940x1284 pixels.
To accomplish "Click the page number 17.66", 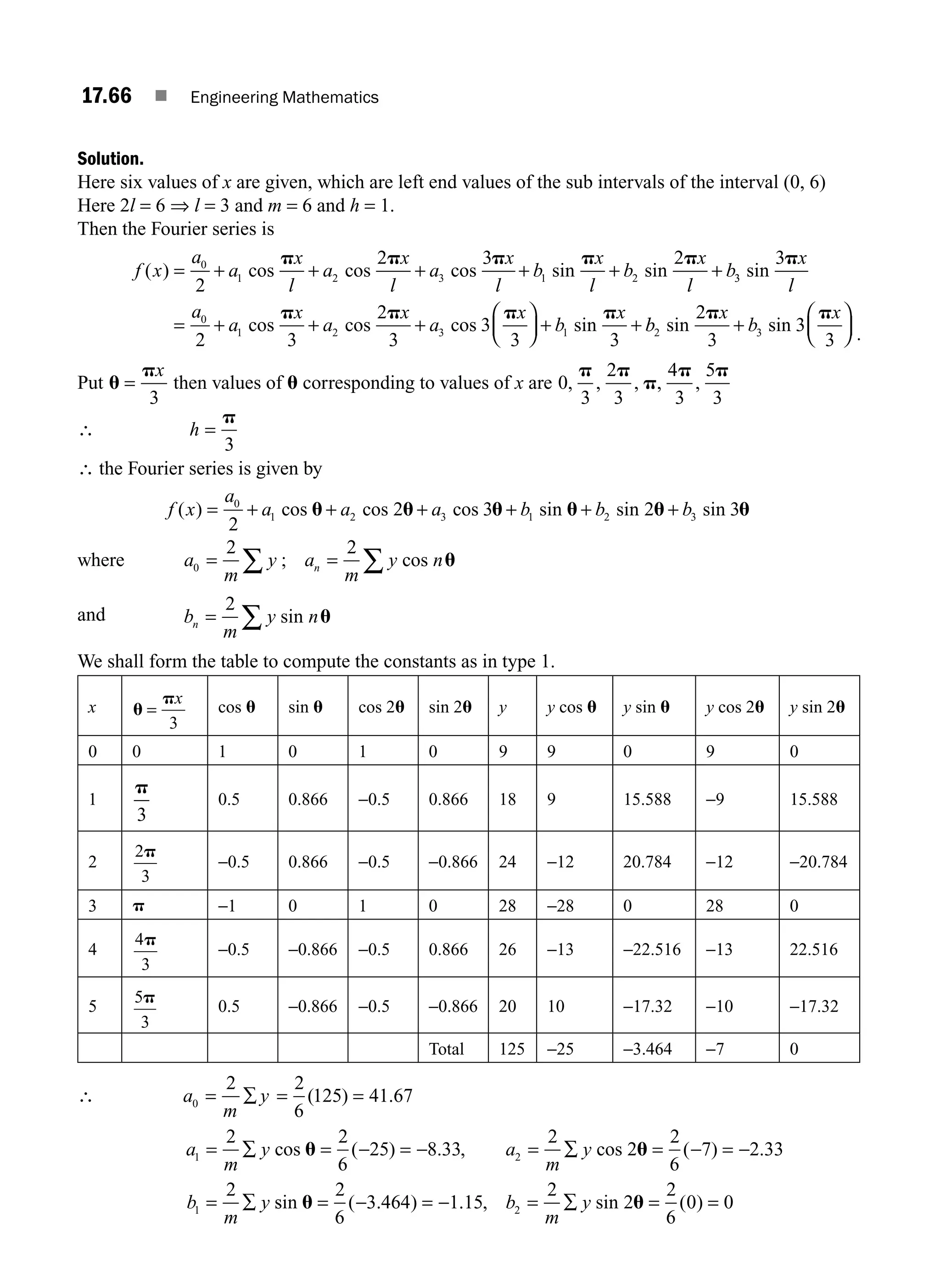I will (x=106, y=95).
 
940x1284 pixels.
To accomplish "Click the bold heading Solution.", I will (x=111, y=158).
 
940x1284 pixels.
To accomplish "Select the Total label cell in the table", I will (x=446, y=1049).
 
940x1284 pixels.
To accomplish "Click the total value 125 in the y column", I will (x=511, y=1049).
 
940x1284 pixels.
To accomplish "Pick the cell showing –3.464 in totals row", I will (x=648, y=1049).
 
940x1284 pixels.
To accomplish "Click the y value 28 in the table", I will (x=507, y=906).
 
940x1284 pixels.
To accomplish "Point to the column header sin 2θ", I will (x=449, y=707).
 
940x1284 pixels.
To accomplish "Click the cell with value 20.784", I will (x=647, y=862).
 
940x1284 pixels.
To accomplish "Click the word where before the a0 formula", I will (x=101, y=560).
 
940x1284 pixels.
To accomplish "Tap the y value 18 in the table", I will (x=507, y=799).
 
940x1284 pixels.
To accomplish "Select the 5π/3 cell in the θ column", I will (x=145, y=1006).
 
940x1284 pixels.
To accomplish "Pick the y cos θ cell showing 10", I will (x=555, y=1006).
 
